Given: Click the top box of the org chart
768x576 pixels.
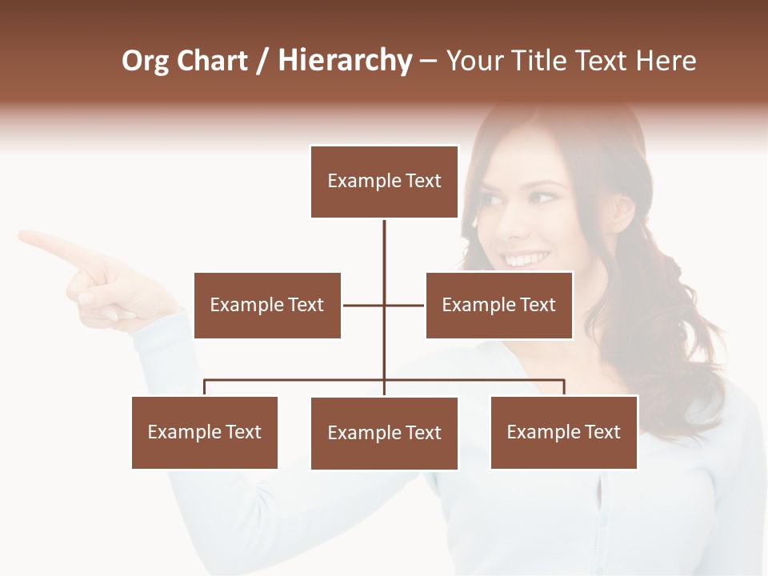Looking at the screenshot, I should pyautogui.click(x=384, y=182).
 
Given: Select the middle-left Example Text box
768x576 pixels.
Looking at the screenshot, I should pyautogui.click(x=267, y=305).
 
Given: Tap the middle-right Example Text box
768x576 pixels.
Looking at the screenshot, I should pyautogui.click(x=499, y=305).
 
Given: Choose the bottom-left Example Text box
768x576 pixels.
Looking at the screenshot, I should pyautogui.click(x=205, y=432).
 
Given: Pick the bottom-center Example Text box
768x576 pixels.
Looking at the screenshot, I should pyautogui.click(x=384, y=433).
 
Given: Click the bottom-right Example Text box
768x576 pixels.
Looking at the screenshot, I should pyautogui.click(x=564, y=432).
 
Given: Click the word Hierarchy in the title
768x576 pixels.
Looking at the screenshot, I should pyautogui.click(x=345, y=61).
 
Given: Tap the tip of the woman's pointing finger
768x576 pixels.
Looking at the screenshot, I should pyautogui.click(x=22, y=235).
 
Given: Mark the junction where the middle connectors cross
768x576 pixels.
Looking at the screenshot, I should pyautogui.click(x=384, y=305).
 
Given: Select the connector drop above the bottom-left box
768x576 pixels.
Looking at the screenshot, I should pyautogui.click(x=205, y=387).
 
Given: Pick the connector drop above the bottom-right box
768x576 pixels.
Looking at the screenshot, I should pyautogui.click(x=564, y=387).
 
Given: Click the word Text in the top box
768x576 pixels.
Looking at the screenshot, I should pyautogui.click(x=423, y=182).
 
